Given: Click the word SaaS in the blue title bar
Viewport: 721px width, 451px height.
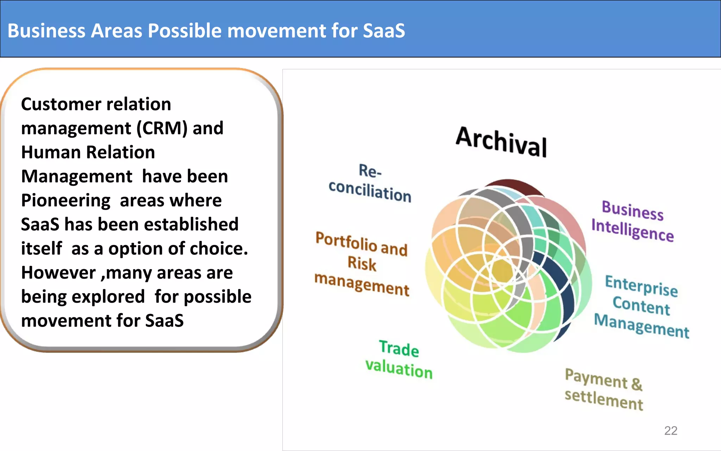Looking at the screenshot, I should coord(384,31).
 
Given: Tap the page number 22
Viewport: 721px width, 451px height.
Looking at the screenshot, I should coord(670,431).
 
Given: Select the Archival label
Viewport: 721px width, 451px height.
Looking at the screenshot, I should coord(501,142).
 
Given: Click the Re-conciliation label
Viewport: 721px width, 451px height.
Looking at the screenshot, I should coord(370,183).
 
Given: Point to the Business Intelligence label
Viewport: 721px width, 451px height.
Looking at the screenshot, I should coord(632,221).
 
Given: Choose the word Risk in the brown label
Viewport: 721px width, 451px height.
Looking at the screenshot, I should coord(362,264).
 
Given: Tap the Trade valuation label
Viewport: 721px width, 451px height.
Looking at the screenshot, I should coord(399,359).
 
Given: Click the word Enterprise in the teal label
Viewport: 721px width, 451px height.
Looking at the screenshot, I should coord(641,286).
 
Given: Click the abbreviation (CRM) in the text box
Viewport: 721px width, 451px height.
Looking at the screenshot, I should coord(162,128).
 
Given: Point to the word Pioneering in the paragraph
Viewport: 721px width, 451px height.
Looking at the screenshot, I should coord(66,200).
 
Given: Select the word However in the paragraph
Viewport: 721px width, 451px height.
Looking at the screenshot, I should coord(58,273).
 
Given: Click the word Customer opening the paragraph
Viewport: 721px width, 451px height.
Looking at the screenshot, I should coord(56,104).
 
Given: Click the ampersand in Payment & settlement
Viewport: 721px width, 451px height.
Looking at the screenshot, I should coord(637,383).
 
